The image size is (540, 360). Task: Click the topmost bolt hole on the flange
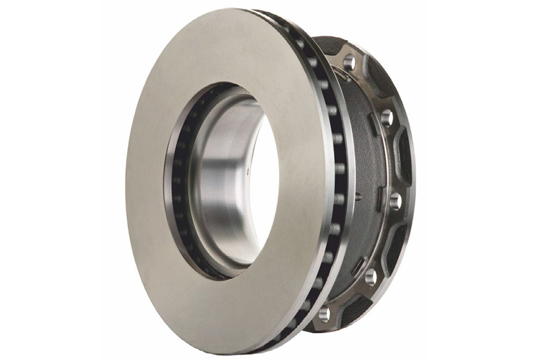tap(348, 63)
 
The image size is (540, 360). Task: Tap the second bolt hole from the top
tap(387, 119)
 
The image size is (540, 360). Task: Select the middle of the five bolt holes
tap(396, 201)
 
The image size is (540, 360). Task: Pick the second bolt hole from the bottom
tap(371, 276)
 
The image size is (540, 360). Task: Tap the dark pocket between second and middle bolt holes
tap(403, 159)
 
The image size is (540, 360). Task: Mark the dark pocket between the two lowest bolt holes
tap(351, 301)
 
